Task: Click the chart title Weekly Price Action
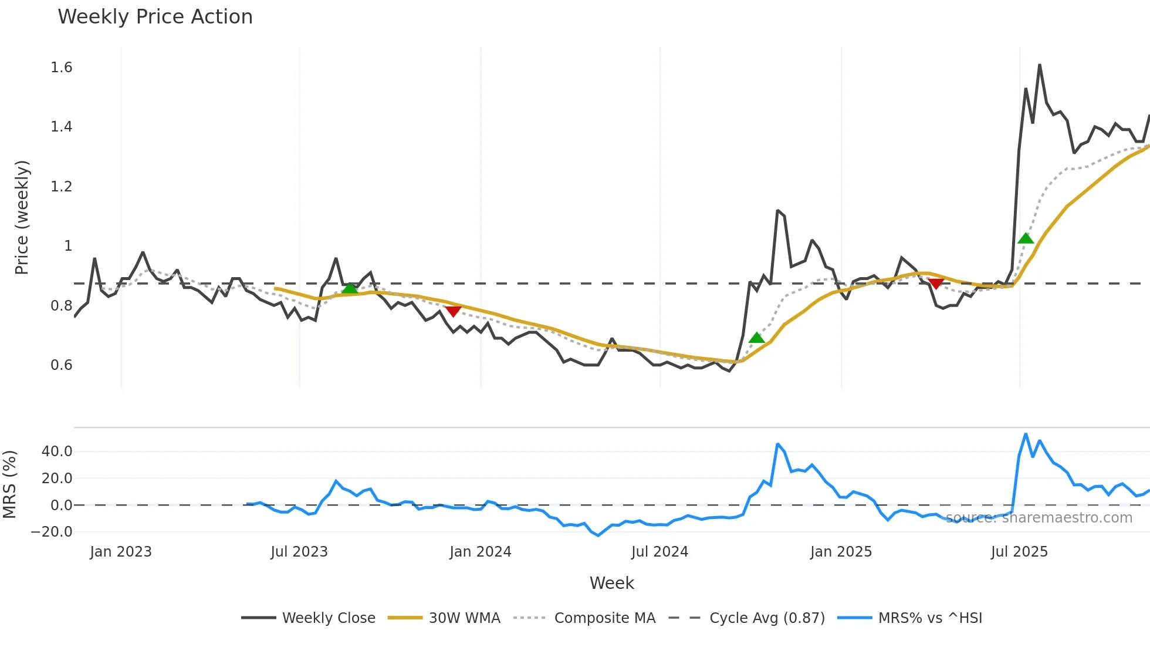[x=155, y=17]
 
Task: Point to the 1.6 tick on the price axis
[x=62, y=68]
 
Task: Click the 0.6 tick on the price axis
[x=62, y=365]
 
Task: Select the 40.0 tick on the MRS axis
[x=57, y=451]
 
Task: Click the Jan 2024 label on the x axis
[x=481, y=552]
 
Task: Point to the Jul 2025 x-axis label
[x=1019, y=552]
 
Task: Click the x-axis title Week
[x=611, y=583]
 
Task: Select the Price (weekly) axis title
[x=22, y=217]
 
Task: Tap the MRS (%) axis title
[x=9, y=484]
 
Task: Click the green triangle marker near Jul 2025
[x=1026, y=238]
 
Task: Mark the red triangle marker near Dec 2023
[x=453, y=311]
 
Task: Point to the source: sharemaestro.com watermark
[x=1039, y=518]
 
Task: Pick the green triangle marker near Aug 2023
[x=350, y=288]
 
